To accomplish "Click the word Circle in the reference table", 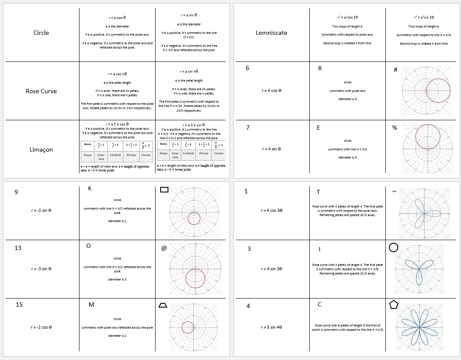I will [x=41, y=33].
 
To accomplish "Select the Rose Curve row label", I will [x=41, y=91].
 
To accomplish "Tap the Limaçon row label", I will [x=41, y=149].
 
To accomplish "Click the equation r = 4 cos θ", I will [x=272, y=91].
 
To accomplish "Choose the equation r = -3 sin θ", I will [x=41, y=269].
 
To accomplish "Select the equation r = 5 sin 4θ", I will [x=272, y=327].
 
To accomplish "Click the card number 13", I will [x=18, y=248].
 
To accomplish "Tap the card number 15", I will [x=19, y=305].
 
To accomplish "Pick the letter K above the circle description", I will [x=89, y=189].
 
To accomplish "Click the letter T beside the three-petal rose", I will [x=318, y=192].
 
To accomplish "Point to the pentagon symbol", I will [x=394, y=304].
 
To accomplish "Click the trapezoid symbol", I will [x=163, y=305].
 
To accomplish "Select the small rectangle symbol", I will [x=164, y=189].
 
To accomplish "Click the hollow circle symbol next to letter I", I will [x=393, y=247].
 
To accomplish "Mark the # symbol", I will [x=395, y=70].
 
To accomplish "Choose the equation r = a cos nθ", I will [x=117, y=74].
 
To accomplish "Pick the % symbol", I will [x=394, y=128].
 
